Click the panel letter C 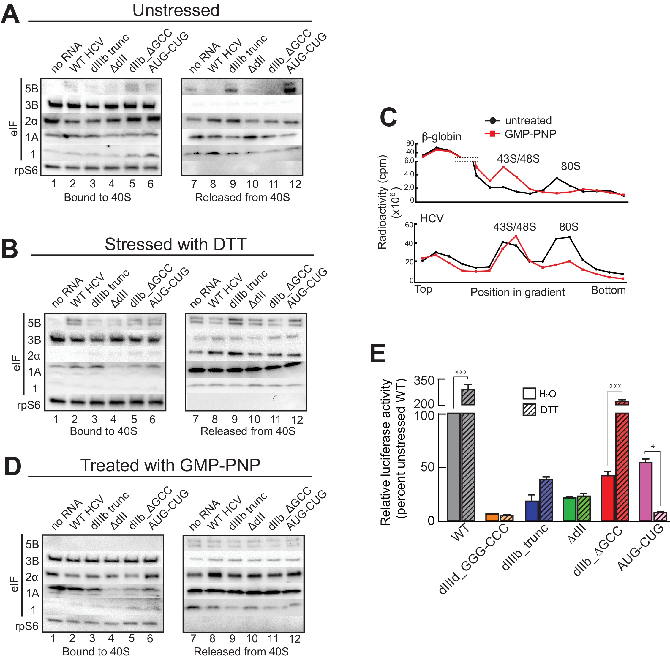point(388,117)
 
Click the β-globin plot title point(441,136)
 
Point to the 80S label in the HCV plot point(569,227)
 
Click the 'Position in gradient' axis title point(517,292)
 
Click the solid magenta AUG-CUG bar point(645,491)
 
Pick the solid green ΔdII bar point(570,509)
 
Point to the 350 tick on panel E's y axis point(424,380)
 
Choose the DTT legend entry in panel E point(540,410)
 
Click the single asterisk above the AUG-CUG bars point(652,447)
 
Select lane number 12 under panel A point(295,184)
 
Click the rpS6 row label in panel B point(29,405)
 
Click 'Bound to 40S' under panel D point(96,651)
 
